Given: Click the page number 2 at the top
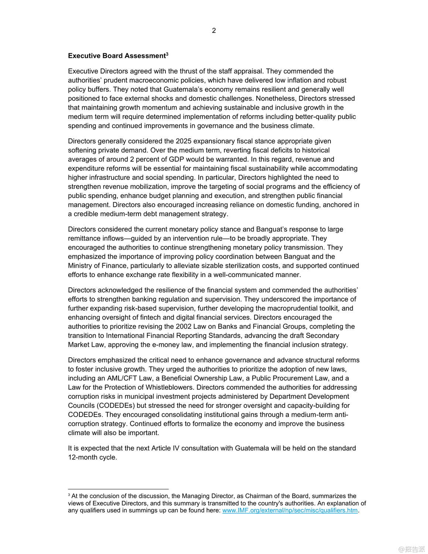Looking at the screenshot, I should click(x=214, y=31).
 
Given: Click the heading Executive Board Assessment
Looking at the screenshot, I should click(x=117, y=56).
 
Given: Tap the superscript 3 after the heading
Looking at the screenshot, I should click(x=167, y=54).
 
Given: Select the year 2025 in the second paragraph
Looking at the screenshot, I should click(x=184, y=141).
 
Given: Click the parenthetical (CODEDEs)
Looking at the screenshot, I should click(x=116, y=406).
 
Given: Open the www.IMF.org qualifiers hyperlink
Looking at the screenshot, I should click(x=290, y=510).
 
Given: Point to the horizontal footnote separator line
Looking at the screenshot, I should click(x=118, y=489).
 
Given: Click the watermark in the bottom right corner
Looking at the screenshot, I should click(x=412, y=549).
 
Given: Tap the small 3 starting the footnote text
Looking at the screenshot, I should click(x=69, y=495).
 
